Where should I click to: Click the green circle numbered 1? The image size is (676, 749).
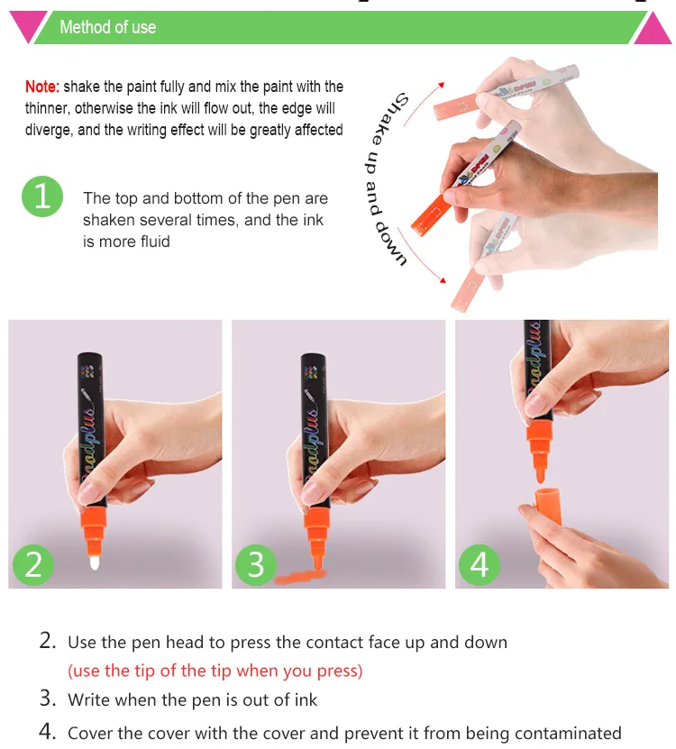click(x=42, y=196)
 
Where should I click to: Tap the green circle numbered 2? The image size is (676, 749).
click(x=33, y=564)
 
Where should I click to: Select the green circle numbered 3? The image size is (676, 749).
click(x=256, y=564)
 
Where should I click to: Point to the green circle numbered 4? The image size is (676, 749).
click(x=480, y=564)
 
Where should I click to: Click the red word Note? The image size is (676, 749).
click(x=42, y=87)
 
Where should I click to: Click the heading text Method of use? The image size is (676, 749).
click(x=108, y=27)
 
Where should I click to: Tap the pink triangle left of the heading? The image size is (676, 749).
click(x=27, y=26)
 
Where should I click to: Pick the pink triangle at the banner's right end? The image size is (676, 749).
click(x=653, y=30)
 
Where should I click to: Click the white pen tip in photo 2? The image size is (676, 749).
click(x=95, y=562)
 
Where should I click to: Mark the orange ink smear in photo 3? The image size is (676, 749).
click(x=300, y=577)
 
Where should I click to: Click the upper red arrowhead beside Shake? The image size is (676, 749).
click(x=442, y=85)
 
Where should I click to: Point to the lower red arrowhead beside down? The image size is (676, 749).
click(x=443, y=280)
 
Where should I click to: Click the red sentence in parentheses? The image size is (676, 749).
click(x=215, y=671)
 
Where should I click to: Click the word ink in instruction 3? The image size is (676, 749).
click(x=306, y=699)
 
